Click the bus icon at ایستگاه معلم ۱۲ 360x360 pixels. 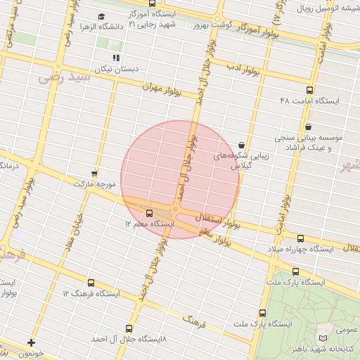[149, 213]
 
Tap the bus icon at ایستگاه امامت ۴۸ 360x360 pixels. [310, 90]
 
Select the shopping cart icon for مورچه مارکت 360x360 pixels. [94, 172]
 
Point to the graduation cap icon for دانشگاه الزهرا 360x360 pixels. [101, 16]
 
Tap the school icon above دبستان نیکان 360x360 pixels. [116, 58]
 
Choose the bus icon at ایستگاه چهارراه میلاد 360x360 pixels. [301, 238]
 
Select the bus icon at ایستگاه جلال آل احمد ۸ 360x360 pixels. [128, 328]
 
